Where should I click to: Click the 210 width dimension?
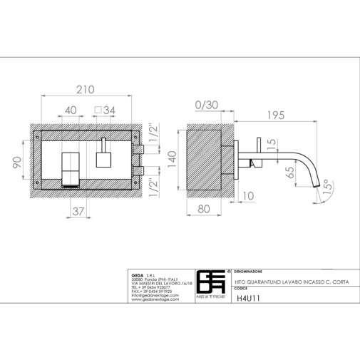coord(86,90)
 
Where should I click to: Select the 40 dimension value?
coord(71,110)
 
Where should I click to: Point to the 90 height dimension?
coord(18,163)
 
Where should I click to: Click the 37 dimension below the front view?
coord(79,211)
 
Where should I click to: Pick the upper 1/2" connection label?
coord(155,133)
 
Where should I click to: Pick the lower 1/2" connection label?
coord(155,185)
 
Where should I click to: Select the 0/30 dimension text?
coord(206,105)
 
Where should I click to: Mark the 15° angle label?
coord(326,187)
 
